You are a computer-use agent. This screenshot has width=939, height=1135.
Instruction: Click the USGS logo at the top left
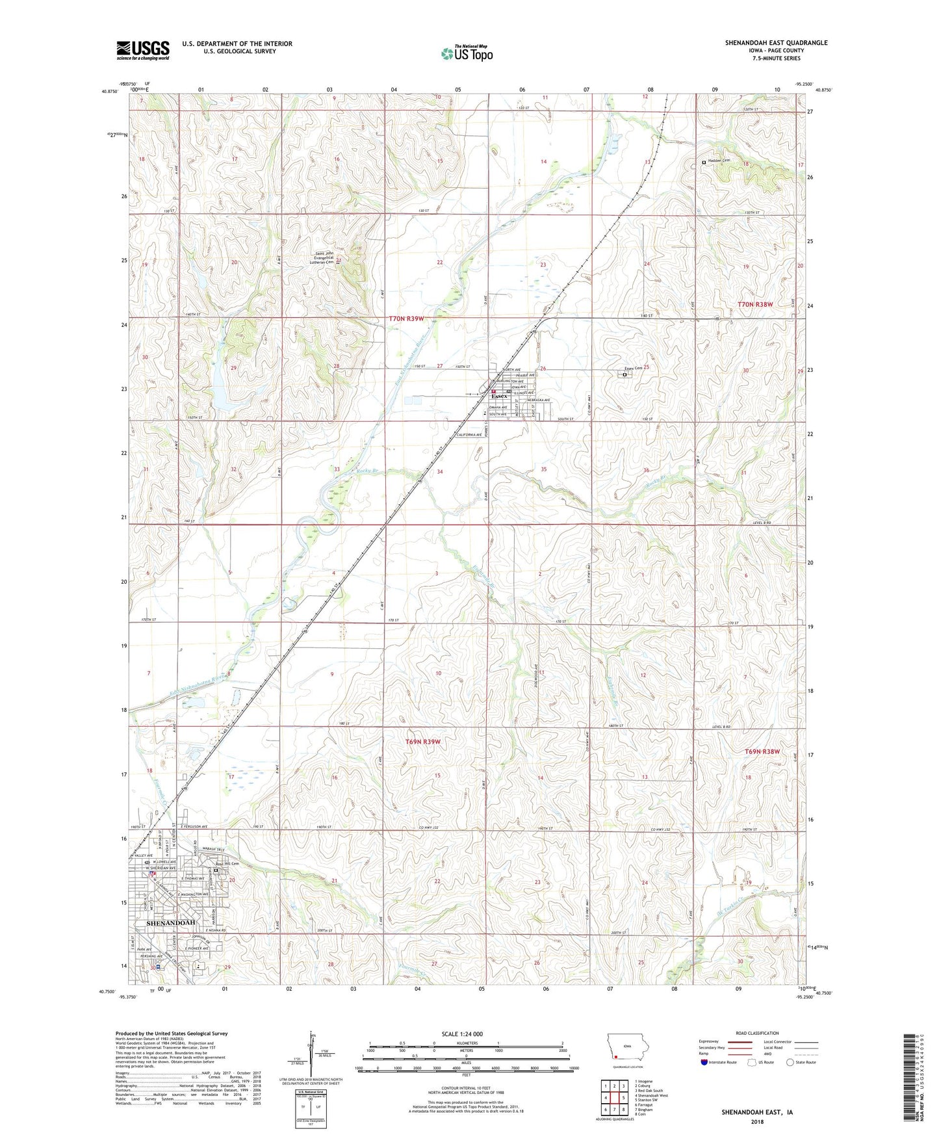tap(143, 50)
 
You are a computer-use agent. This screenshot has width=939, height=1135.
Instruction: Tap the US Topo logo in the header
tap(467, 53)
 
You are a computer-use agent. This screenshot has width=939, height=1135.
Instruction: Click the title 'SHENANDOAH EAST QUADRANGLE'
tap(776, 43)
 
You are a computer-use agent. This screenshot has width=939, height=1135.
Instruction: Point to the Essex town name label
tap(499, 396)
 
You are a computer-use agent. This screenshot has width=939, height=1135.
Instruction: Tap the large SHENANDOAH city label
tap(171, 922)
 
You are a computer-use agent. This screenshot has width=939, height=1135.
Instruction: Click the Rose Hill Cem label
tap(228, 864)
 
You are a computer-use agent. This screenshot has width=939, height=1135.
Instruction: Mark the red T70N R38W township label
tap(756, 304)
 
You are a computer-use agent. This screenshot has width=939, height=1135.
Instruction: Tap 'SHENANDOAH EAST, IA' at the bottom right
tap(756, 1112)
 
